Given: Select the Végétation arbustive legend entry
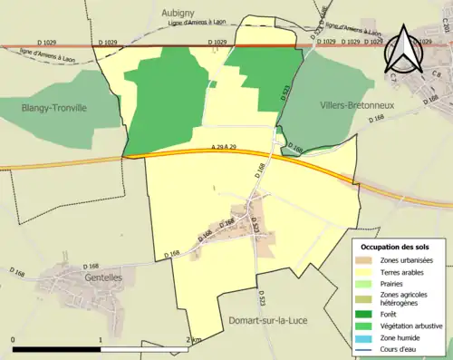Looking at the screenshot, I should (x=412, y=326).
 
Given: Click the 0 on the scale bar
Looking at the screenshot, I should (x=14, y=339).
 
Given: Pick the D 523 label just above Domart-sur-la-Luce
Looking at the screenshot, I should (x=261, y=297).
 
